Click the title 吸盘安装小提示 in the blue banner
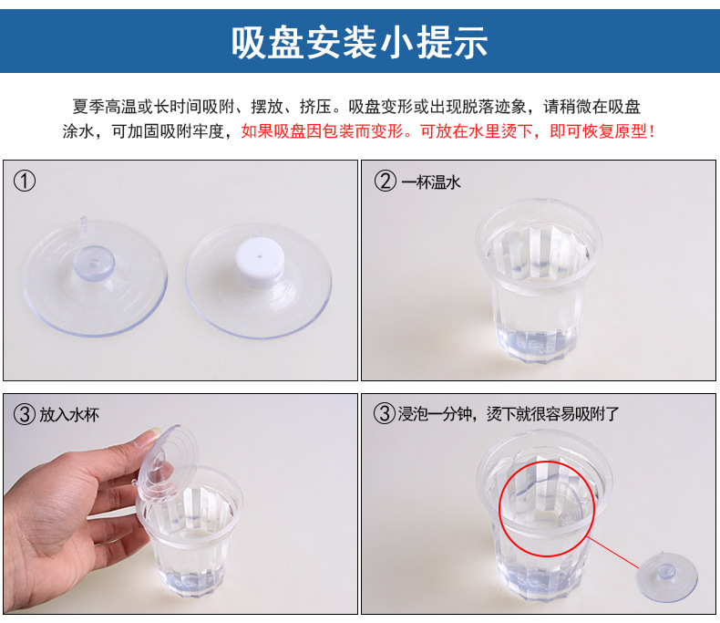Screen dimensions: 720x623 pos(359,42)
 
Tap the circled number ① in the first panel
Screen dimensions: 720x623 pos(25,181)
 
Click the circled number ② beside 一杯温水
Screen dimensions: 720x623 pos(385,181)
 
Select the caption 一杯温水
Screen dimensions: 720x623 pos(431,182)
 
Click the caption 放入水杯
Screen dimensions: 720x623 pos(69,414)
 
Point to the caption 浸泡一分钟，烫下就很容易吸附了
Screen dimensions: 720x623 pos(509,414)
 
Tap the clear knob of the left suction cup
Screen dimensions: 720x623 pos(94,263)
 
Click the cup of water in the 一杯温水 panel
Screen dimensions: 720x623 pos(538,280)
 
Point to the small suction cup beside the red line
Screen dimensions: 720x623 pos(667,576)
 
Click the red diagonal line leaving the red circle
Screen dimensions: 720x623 pos(612,553)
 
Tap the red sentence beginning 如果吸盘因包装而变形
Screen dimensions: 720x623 pos(447,132)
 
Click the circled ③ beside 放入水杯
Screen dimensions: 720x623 pos(25,414)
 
